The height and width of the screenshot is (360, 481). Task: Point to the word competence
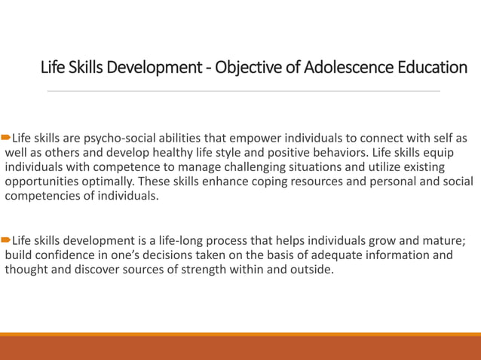point(100,168)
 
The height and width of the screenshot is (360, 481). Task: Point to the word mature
point(443,241)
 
